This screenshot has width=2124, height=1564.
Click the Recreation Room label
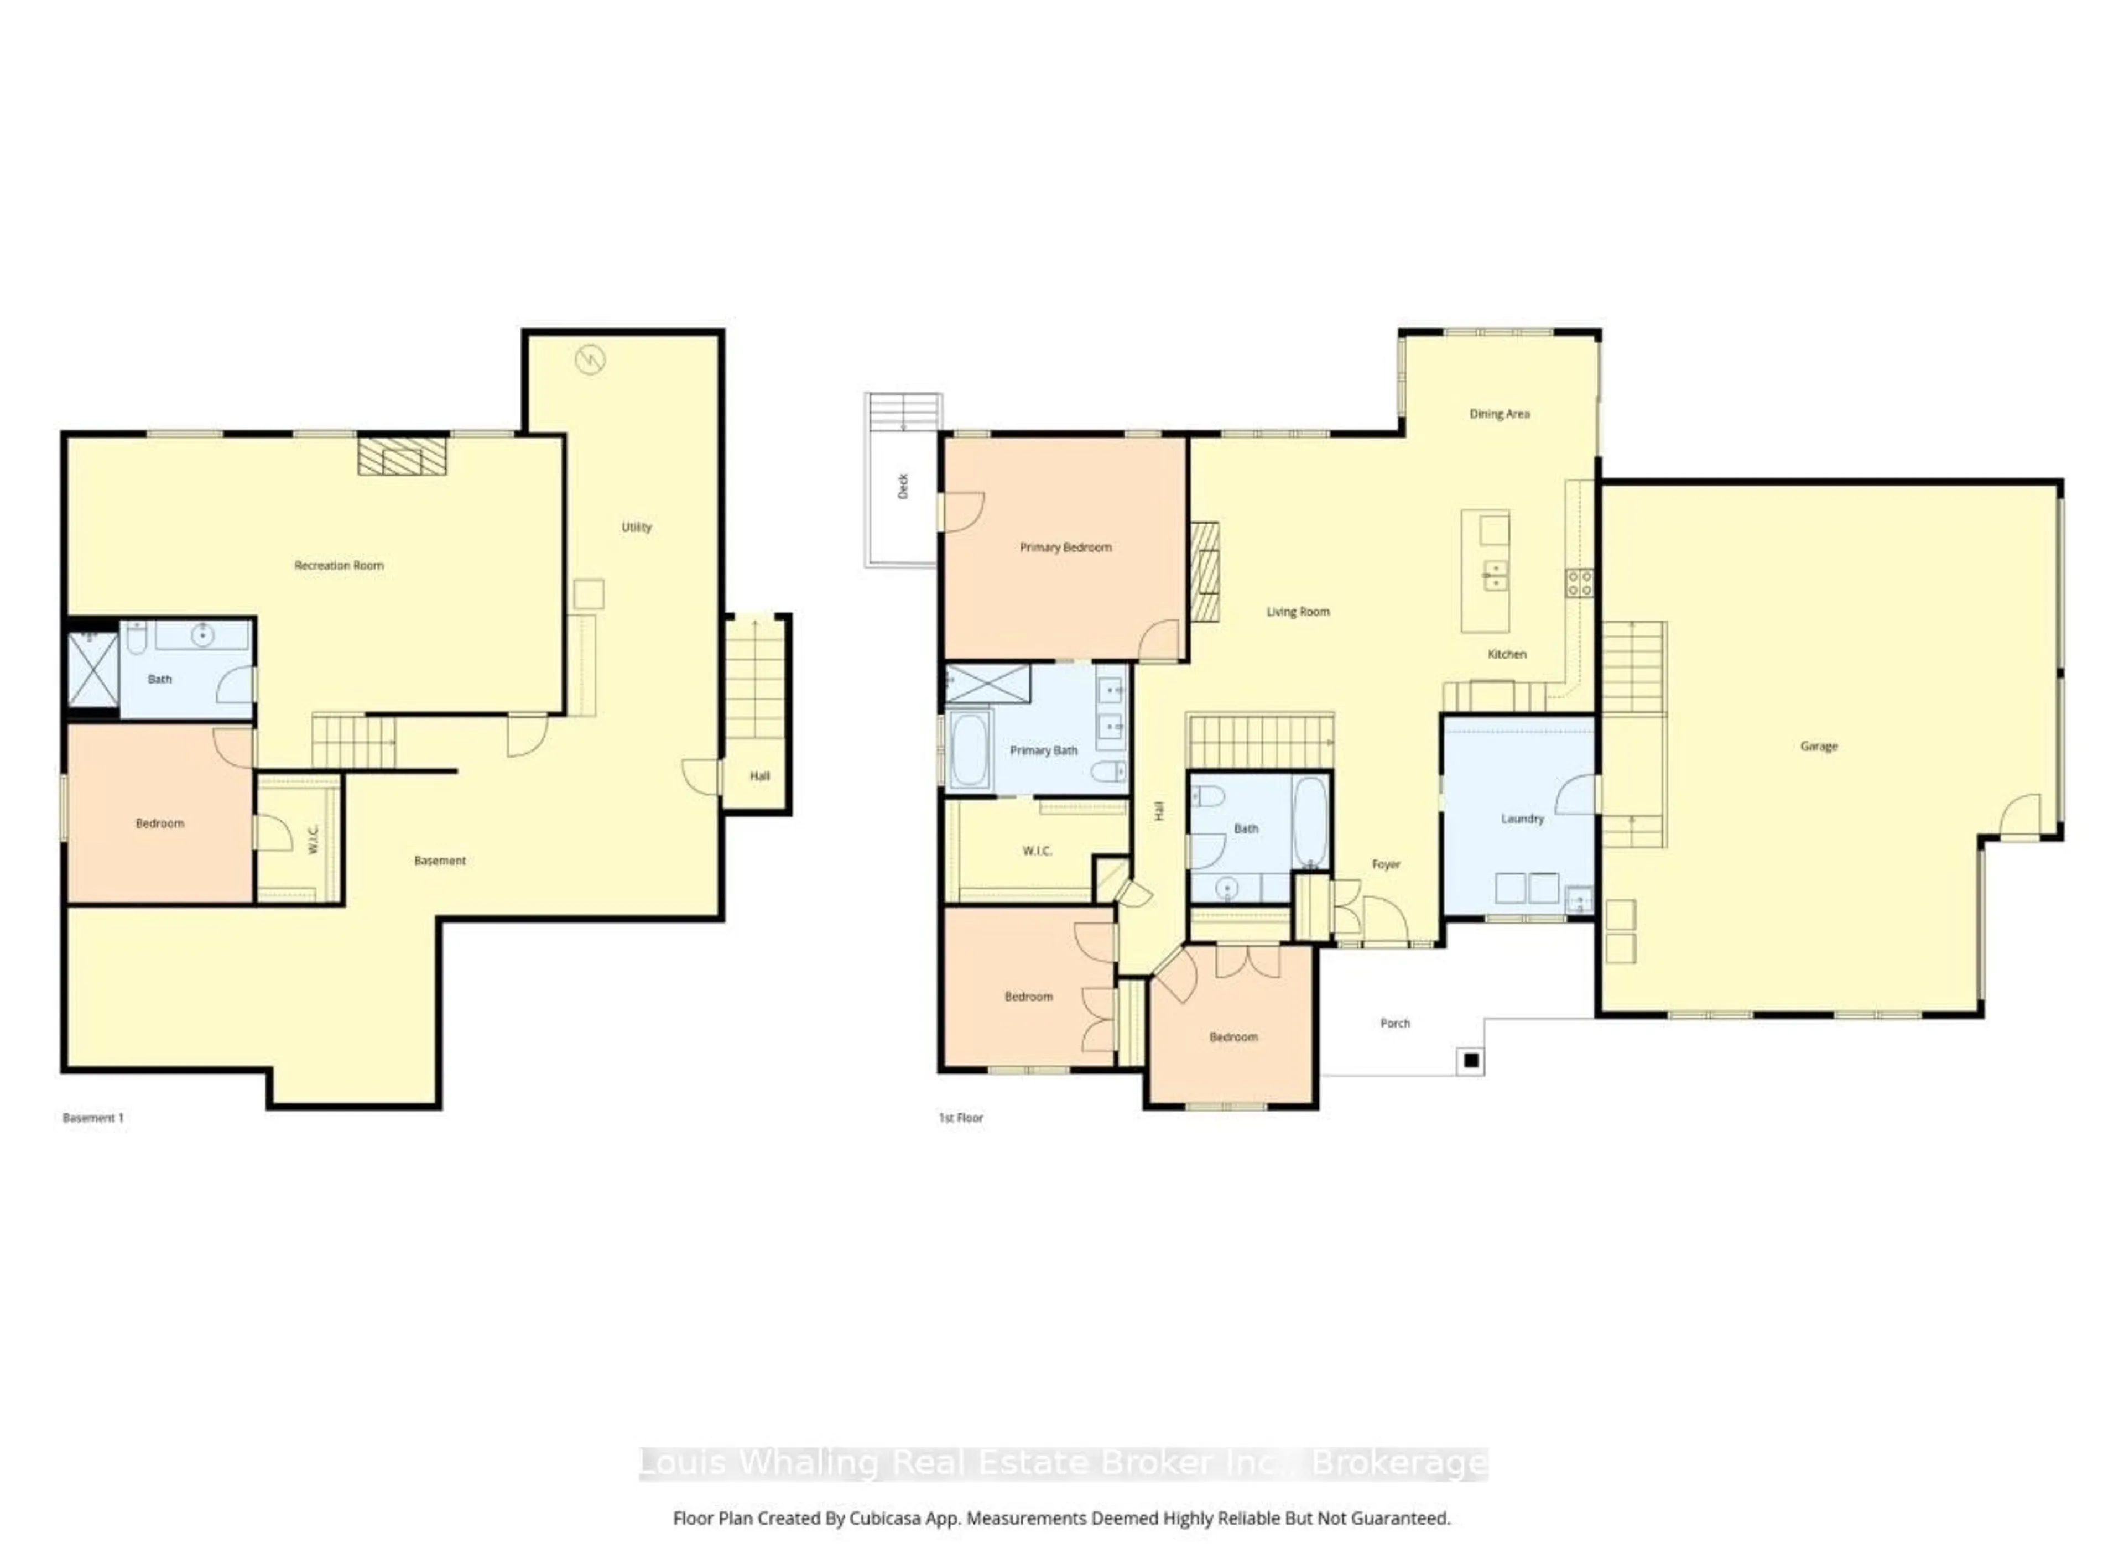pos(339,565)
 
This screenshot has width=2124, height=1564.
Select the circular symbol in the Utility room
pos(590,360)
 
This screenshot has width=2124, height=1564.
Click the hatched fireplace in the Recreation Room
pos(402,455)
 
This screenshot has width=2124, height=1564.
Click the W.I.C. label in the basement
pos(314,839)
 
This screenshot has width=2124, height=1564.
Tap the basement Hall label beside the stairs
pos(759,775)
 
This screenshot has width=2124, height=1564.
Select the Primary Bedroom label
pos(1065,547)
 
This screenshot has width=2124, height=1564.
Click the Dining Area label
pos(1499,414)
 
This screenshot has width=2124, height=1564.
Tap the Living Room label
pos(1297,612)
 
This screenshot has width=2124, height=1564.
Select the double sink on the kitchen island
pos(1495,575)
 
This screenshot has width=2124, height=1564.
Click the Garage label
pos(1818,746)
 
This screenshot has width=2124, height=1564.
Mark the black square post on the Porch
pos(1471,1061)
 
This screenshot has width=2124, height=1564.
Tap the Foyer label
pos(1386,864)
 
